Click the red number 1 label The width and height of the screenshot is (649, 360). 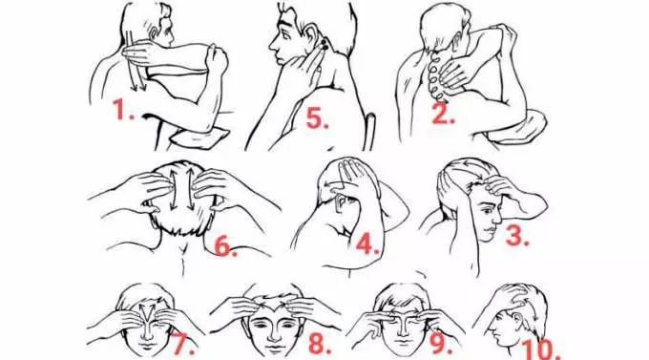pos(124,110)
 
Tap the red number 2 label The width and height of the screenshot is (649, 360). pos(443,113)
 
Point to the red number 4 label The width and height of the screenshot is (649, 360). pos(367,244)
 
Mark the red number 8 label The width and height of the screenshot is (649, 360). pos(321,344)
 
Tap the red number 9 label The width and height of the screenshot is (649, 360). pos(441,345)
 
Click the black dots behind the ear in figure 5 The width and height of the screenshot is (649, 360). pos(323,45)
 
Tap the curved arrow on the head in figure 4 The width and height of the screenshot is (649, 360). pos(336,180)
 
